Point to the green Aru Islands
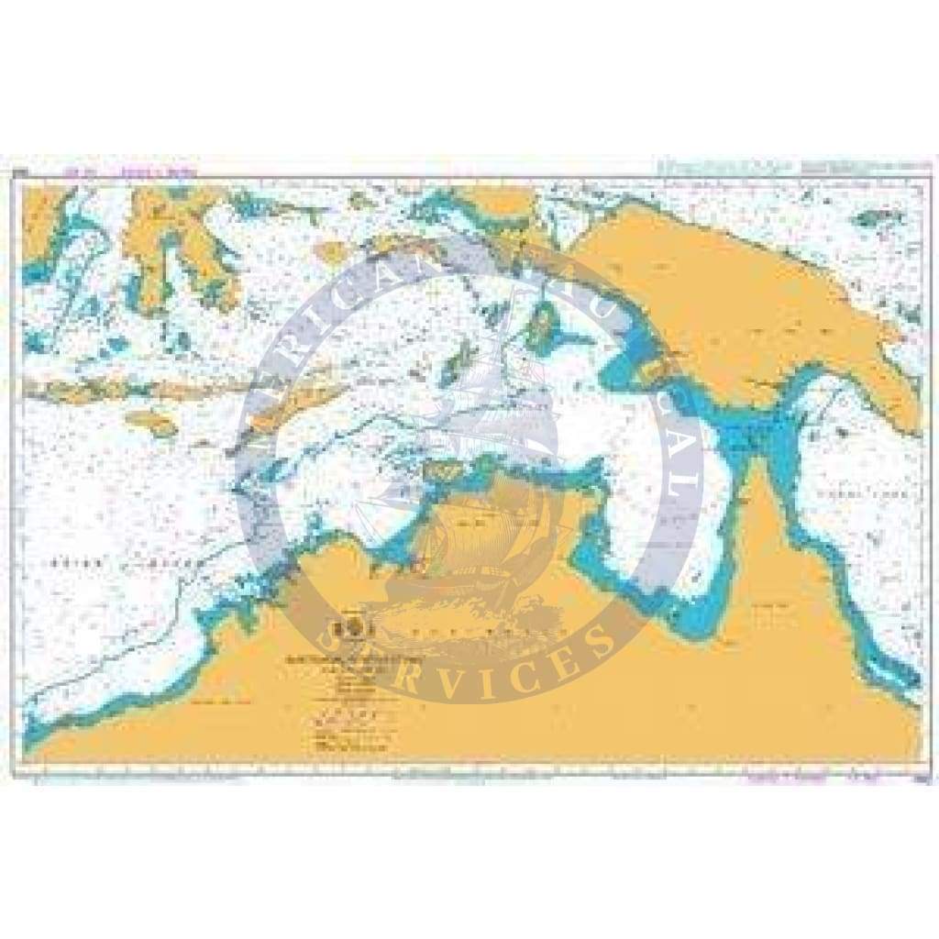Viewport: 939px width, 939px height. click(547, 327)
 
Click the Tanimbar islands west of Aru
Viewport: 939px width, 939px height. click(456, 362)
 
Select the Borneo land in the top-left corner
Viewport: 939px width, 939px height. click(41, 220)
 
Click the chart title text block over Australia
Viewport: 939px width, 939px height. click(353, 660)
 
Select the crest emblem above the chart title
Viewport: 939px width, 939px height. click(353, 629)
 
